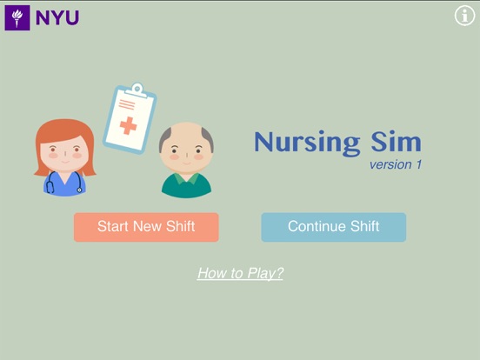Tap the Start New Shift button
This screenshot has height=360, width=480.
146,227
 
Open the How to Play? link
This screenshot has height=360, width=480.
240,273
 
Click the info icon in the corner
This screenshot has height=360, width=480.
464,16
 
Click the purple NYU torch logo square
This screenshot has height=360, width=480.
17,17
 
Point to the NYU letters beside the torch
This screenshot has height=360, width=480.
57,17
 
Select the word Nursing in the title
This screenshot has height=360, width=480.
307,143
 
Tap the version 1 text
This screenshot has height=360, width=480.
395,164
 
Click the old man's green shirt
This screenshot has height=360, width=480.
186,185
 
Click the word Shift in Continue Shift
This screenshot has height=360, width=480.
362,227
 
